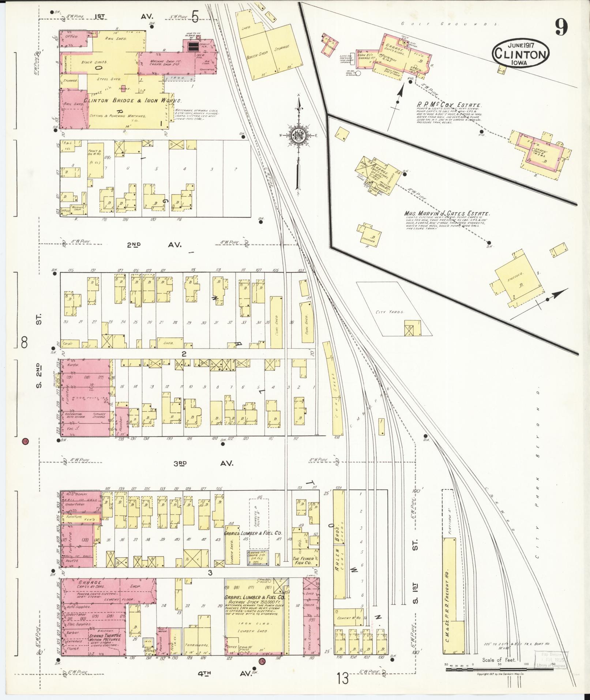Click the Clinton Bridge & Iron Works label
(x=133, y=100)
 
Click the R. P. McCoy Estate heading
(x=446, y=105)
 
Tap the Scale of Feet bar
(x=499, y=669)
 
